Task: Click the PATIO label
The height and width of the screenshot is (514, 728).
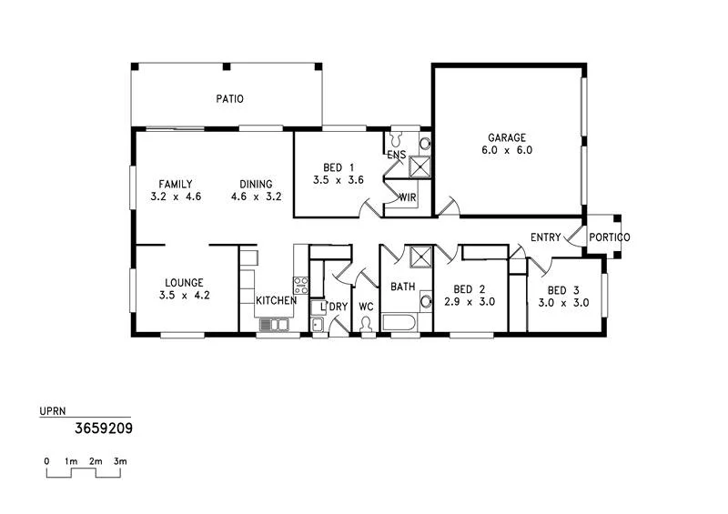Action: click(229, 99)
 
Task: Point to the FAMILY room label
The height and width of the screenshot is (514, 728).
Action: click(175, 184)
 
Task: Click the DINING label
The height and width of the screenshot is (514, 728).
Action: click(257, 184)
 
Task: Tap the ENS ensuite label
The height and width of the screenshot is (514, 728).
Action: click(396, 156)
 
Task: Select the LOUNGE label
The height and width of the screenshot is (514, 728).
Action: click(184, 283)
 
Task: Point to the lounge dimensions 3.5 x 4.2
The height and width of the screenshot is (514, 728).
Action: click(184, 296)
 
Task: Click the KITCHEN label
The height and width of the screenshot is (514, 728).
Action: click(276, 301)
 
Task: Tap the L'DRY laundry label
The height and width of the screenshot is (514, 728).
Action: click(335, 307)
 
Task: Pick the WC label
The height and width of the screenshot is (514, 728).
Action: click(366, 307)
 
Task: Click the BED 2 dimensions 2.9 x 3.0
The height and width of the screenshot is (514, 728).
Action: click(470, 303)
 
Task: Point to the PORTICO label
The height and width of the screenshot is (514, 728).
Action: click(609, 237)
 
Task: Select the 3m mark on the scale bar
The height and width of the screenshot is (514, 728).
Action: click(120, 461)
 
